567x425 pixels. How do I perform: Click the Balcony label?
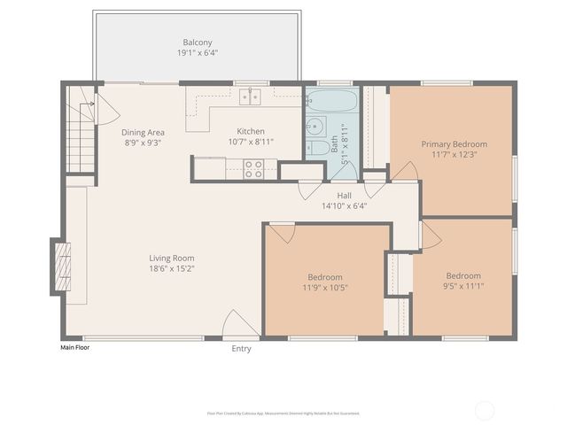tap(198, 42)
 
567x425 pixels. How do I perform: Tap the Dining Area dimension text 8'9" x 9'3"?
tap(143, 142)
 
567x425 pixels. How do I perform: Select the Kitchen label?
tap(250, 131)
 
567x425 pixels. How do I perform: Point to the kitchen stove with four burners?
tap(253, 168)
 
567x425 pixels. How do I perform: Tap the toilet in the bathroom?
tap(316, 147)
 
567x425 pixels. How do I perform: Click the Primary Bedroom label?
tap(454, 144)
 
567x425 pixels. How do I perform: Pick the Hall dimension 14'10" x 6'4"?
tap(344, 205)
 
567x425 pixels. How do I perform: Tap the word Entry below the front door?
tap(241, 349)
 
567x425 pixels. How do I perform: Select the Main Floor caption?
tap(74, 348)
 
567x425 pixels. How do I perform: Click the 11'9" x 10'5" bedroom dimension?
tap(325, 287)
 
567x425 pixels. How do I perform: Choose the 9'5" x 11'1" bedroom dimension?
tap(463, 286)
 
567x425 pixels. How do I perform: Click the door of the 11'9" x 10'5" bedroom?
tap(283, 233)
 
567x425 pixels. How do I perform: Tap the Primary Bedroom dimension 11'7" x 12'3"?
tap(454, 155)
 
